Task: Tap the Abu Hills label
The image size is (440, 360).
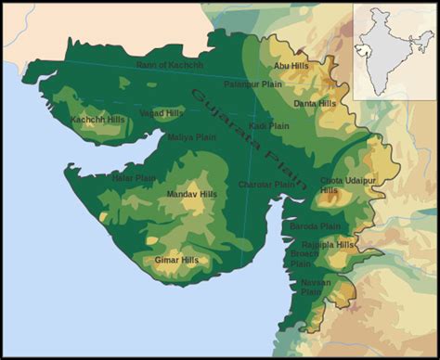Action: click(x=290, y=67)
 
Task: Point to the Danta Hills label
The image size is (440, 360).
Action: click(x=314, y=104)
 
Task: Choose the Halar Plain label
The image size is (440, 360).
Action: click(x=134, y=177)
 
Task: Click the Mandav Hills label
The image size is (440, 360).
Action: click(x=191, y=194)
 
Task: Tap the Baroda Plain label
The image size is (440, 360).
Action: click(x=316, y=226)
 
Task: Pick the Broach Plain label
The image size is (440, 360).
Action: click(x=303, y=258)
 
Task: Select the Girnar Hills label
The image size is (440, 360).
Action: click(x=176, y=260)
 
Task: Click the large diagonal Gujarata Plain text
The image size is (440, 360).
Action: click(x=240, y=139)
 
